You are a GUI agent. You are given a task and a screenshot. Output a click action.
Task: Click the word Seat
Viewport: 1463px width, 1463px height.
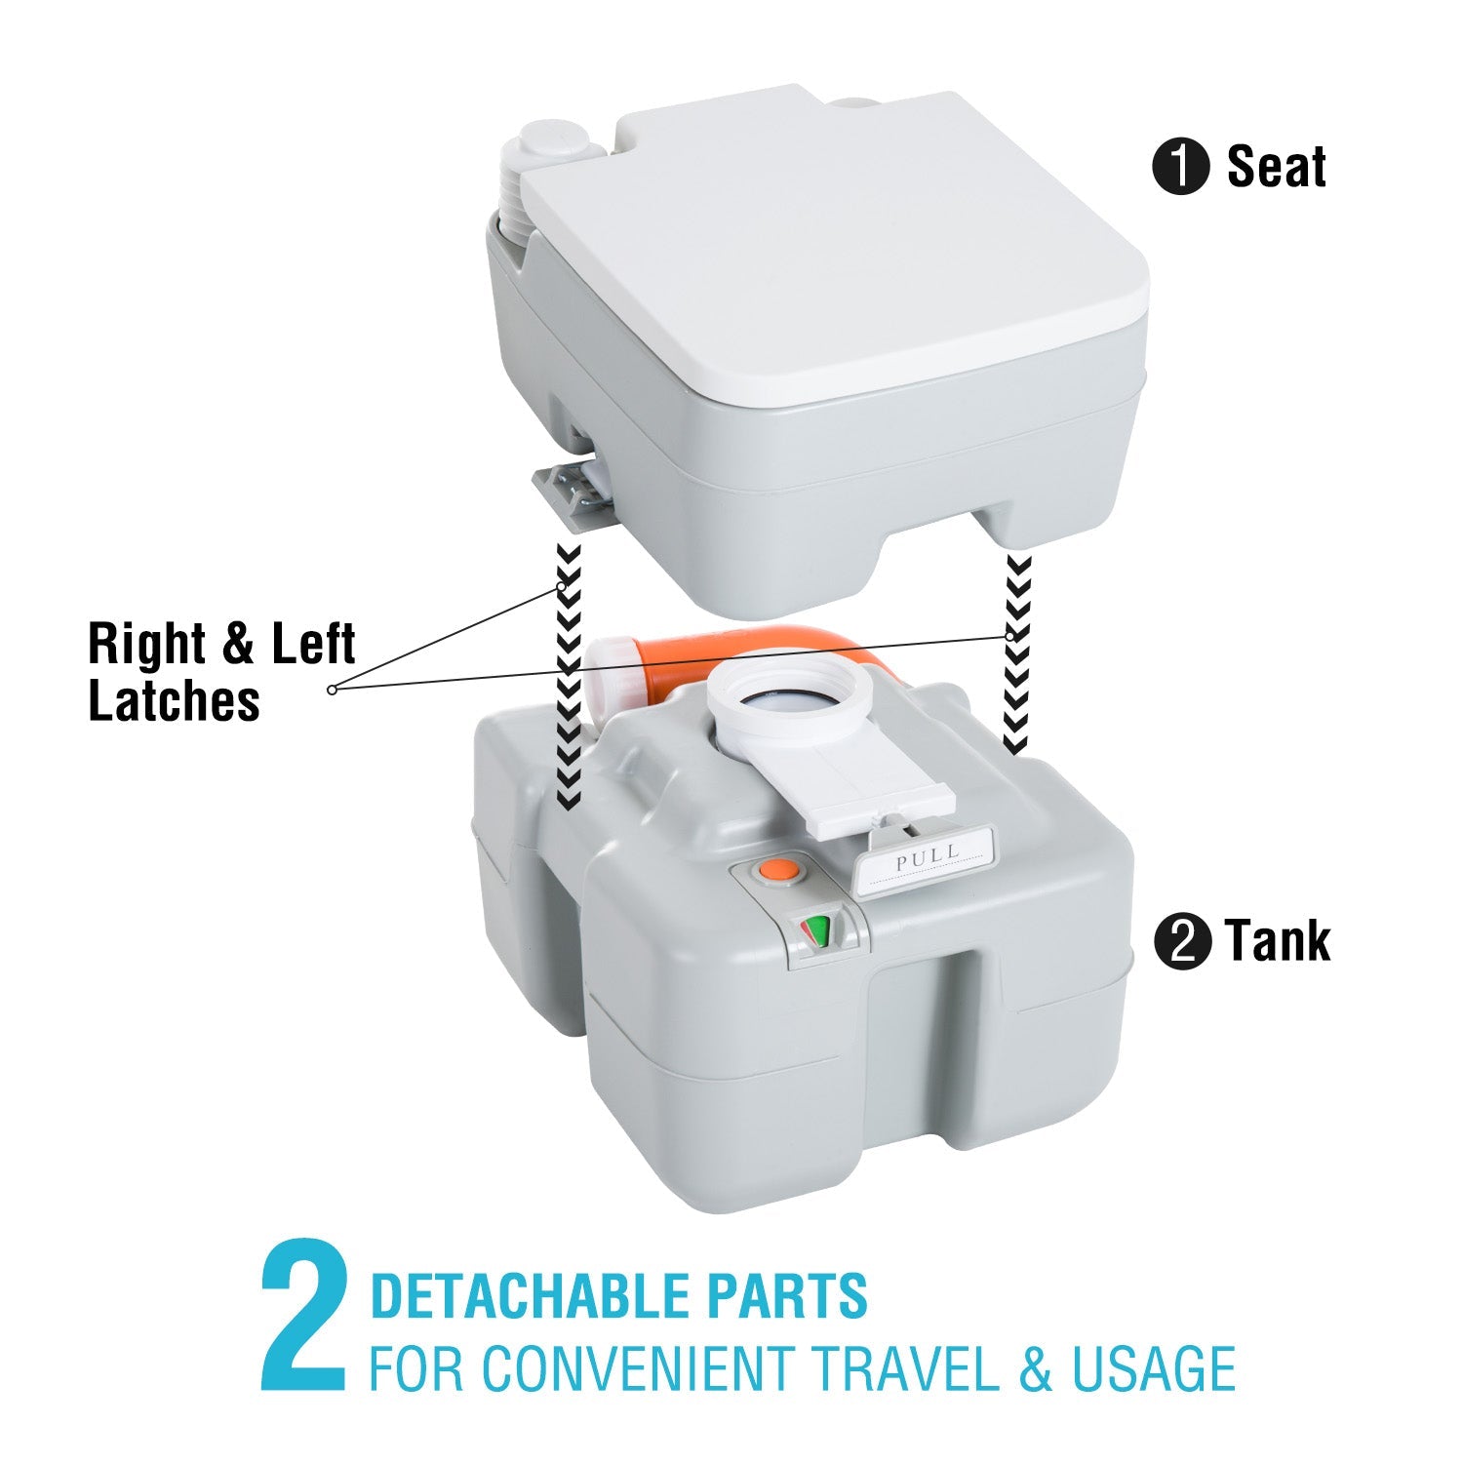click(1276, 167)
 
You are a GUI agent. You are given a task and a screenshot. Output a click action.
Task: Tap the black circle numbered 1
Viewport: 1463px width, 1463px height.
click(1181, 168)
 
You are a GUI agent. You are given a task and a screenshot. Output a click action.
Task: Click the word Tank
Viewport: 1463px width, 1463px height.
click(1278, 941)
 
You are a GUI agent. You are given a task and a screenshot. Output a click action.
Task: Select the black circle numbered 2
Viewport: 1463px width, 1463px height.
click(1182, 943)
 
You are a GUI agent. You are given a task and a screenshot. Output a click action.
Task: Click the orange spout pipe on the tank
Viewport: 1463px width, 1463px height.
click(683, 653)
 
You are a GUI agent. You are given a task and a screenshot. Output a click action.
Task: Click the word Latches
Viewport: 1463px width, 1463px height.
click(174, 700)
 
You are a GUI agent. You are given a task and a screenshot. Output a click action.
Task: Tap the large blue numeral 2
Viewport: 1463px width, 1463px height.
click(304, 1317)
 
